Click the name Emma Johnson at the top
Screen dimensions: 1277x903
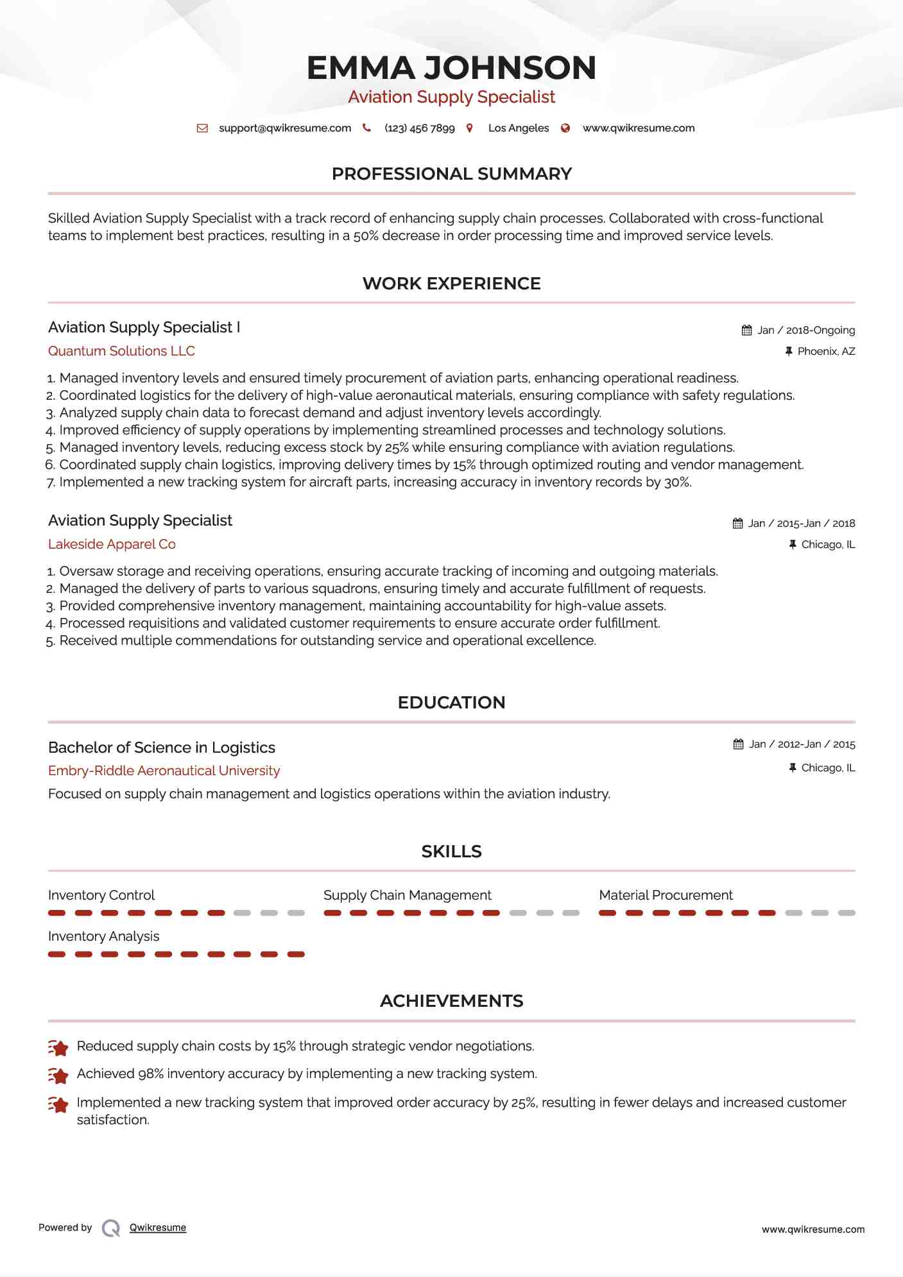coord(451,68)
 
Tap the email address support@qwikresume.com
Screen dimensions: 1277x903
coord(285,128)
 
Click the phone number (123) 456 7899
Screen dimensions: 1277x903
coord(419,128)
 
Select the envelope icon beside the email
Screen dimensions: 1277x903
coord(202,128)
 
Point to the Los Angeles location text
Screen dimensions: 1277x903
coord(518,128)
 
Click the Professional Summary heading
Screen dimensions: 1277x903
coord(451,174)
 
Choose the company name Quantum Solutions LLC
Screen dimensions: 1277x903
coord(121,351)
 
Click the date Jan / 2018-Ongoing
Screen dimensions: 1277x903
coord(806,330)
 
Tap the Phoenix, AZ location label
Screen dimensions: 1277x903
coord(826,351)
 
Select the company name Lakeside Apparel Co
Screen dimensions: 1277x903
coord(112,544)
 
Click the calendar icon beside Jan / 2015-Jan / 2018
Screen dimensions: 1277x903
coord(738,523)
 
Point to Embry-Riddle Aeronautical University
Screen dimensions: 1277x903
coord(164,771)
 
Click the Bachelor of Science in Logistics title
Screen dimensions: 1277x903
coord(162,748)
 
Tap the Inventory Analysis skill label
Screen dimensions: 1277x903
coord(103,936)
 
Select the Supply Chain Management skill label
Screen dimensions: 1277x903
coord(407,895)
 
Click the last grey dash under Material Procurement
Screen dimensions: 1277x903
coord(847,913)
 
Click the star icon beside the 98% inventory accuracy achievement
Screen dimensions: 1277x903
coord(58,1075)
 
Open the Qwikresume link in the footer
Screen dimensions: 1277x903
coord(157,1228)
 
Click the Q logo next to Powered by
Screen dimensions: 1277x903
coord(111,1228)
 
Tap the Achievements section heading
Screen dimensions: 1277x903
coord(451,1001)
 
